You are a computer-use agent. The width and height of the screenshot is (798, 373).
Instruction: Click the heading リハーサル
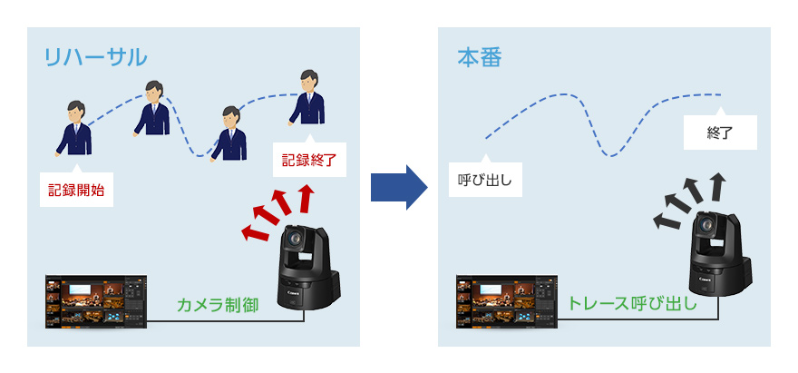point(95,57)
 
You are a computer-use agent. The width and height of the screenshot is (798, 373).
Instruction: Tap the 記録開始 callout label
point(77,191)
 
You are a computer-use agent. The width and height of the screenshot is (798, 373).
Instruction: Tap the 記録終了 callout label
point(308,161)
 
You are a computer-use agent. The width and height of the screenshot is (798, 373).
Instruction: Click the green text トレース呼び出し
point(632,303)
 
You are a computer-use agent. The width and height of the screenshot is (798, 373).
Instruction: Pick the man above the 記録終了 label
point(309,97)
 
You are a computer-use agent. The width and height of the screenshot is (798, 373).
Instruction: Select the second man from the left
point(152,108)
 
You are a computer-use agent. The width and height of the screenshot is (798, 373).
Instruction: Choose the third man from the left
point(229,133)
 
